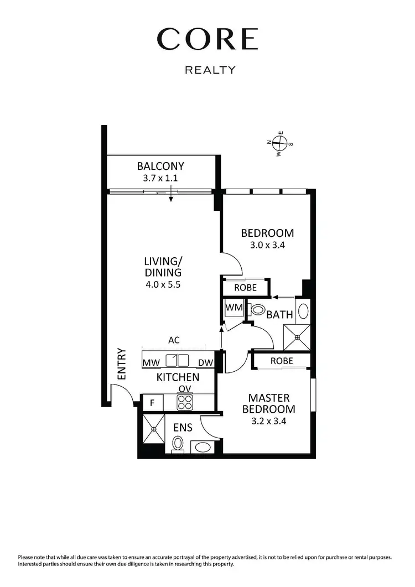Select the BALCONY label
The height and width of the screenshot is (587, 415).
(160, 166)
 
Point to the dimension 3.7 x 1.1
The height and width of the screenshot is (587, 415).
(160, 178)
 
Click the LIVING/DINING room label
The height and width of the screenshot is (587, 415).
(163, 267)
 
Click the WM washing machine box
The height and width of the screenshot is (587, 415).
(231, 306)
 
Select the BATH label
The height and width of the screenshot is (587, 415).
(279, 315)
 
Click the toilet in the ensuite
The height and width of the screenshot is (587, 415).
(178, 443)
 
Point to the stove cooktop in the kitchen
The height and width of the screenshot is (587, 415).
(184, 402)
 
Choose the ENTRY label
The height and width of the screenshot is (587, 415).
(122, 363)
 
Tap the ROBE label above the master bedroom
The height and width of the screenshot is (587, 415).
(281, 361)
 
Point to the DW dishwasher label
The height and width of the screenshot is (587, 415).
(205, 362)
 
